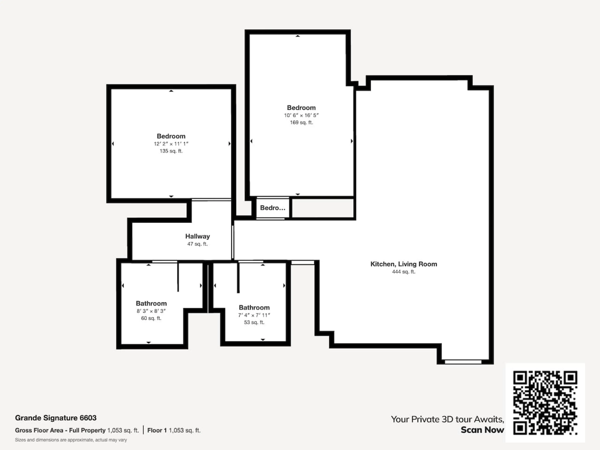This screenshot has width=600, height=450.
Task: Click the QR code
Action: pos(545,402)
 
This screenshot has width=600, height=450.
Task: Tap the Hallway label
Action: pos(197,236)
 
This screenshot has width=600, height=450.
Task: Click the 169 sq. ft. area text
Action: pos(301,122)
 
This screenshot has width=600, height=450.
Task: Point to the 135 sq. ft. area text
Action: pos(171,151)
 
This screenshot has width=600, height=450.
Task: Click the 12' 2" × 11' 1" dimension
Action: pos(171,144)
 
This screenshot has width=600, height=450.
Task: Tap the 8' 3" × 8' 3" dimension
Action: pos(151,311)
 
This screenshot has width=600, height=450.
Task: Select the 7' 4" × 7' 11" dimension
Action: pos(254,315)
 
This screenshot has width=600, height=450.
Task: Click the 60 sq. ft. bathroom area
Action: pos(151,318)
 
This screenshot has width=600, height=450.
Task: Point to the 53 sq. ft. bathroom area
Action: pos(254,322)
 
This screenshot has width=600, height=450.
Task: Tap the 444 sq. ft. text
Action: pos(404,272)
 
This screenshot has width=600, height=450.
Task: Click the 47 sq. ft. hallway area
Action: pos(197,244)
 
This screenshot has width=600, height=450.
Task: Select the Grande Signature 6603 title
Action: pos(56,418)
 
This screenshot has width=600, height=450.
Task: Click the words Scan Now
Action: pos(482,430)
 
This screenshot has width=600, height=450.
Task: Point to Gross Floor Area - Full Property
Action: pos(60,430)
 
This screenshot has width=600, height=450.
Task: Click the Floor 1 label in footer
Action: pos(157,430)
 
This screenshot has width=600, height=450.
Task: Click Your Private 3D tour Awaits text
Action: pos(447,419)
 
